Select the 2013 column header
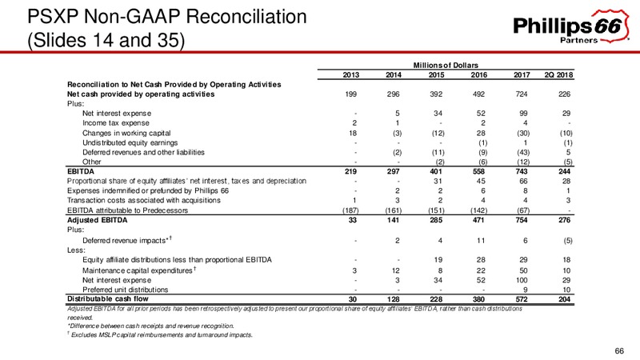(x=351, y=74)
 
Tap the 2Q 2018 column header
(x=558, y=74)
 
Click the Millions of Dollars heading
(x=446, y=66)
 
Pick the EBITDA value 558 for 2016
(x=478, y=171)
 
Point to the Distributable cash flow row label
(x=108, y=298)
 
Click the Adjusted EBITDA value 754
(x=522, y=220)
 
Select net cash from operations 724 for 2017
(x=522, y=94)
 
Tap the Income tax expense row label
(x=116, y=123)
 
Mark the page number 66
(x=619, y=351)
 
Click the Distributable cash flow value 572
(x=522, y=298)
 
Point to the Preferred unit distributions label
(x=126, y=290)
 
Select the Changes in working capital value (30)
(x=523, y=133)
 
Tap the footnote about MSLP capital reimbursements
(x=160, y=335)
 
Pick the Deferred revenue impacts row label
(x=126, y=240)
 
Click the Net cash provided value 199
(x=350, y=94)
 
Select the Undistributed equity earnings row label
(x=130, y=143)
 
